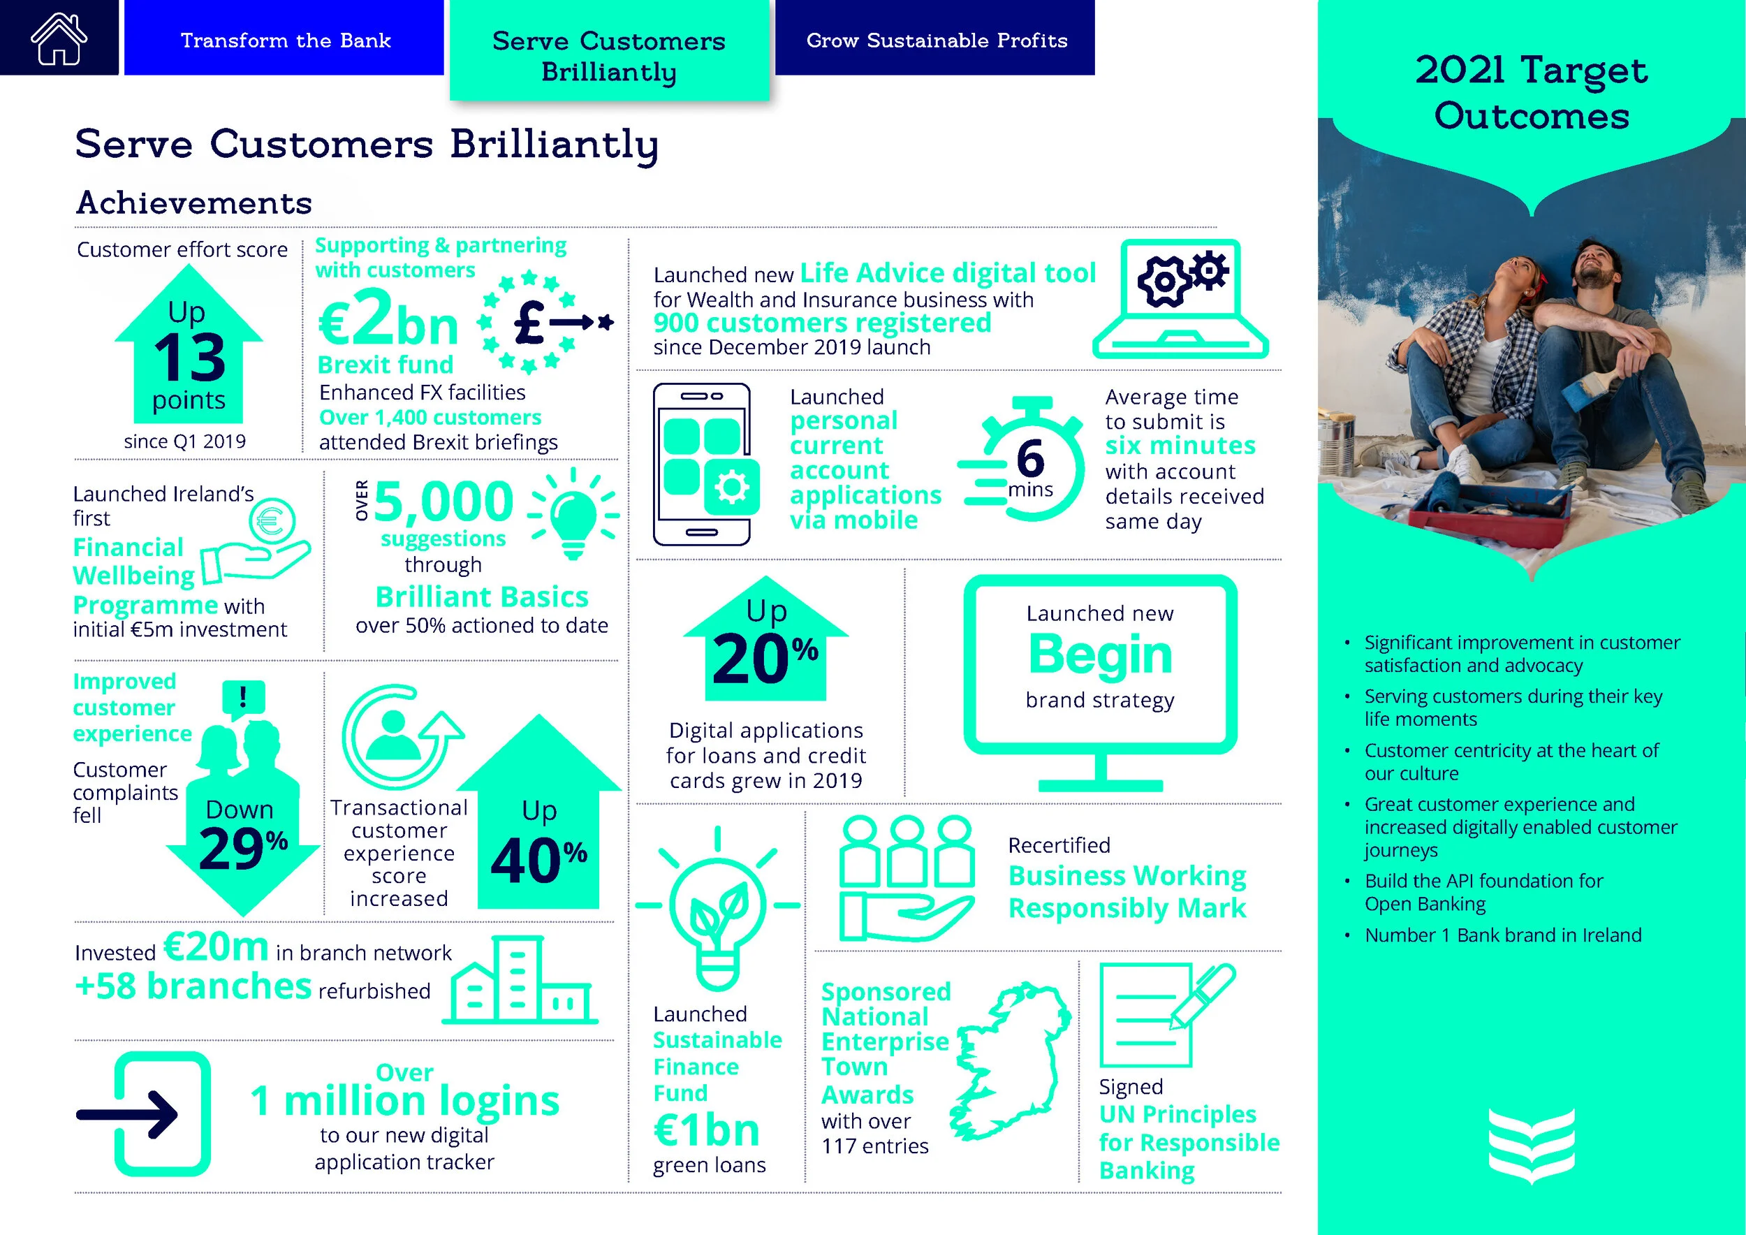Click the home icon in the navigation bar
(59, 38)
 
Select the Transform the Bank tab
(284, 40)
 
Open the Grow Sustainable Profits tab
(935, 40)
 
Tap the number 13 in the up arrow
(189, 358)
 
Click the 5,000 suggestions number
(443, 502)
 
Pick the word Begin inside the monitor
(1099, 655)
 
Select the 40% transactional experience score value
(538, 860)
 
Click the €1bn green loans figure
(705, 1130)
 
